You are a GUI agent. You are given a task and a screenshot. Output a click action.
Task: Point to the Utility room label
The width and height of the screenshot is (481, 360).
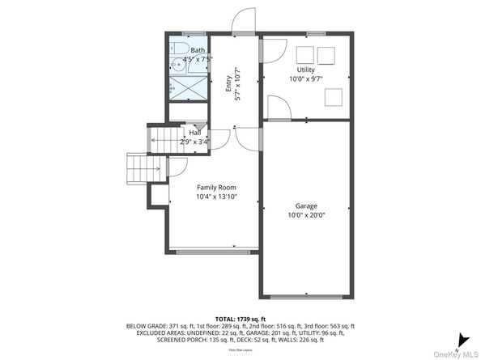point(305,71)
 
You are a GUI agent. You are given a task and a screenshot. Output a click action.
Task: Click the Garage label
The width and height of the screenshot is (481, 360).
point(305,206)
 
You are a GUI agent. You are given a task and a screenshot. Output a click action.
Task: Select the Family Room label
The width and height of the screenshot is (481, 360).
point(215,188)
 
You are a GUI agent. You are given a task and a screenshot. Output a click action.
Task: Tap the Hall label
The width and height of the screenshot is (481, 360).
point(195,133)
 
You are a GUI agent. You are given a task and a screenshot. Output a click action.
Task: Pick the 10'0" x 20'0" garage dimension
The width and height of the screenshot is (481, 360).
point(305,215)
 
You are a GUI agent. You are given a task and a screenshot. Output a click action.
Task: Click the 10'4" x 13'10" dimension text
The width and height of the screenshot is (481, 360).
point(215,197)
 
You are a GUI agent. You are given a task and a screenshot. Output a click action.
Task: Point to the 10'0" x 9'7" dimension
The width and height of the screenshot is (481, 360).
point(305,80)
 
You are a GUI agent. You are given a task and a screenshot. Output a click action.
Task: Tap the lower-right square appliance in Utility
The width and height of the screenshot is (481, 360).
point(334,97)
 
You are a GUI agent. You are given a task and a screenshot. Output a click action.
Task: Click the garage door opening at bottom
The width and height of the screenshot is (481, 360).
point(305,297)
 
